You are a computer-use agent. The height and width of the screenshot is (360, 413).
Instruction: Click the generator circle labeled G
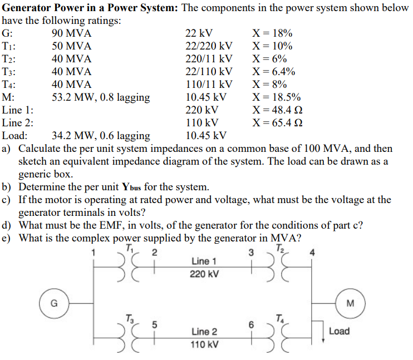[x=54, y=303]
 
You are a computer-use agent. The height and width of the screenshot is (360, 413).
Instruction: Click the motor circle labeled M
[x=350, y=303]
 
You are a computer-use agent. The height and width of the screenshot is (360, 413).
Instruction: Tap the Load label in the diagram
[x=339, y=331]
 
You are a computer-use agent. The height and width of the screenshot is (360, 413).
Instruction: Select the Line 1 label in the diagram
[x=204, y=261]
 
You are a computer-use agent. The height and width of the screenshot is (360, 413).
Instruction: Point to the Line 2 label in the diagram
[x=204, y=332]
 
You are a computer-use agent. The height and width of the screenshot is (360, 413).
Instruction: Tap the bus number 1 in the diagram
[x=94, y=253]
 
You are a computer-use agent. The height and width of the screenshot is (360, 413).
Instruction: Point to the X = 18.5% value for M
[x=277, y=97]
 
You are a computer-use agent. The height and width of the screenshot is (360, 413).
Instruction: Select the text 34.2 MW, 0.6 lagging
[x=101, y=136]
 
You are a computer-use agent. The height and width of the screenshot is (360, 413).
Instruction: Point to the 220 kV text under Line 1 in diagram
[x=204, y=274]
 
